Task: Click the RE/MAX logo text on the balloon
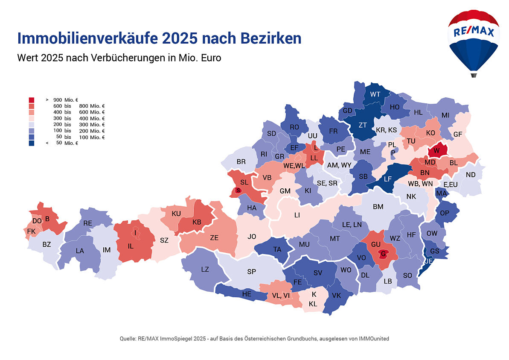[473, 32]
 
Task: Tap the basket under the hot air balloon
[473, 75]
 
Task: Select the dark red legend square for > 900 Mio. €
[32, 100]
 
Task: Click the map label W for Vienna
[436, 150]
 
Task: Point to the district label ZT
[363, 125]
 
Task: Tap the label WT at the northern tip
[375, 94]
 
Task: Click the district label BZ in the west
[47, 245]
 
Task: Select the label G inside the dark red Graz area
[384, 254]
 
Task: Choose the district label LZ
[205, 269]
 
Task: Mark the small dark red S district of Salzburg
[238, 190]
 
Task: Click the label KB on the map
[197, 222]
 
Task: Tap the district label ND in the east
[471, 175]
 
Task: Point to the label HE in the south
[247, 294]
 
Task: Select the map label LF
[387, 179]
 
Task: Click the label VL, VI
[281, 295]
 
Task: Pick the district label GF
[458, 134]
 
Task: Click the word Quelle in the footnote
[128, 339]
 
